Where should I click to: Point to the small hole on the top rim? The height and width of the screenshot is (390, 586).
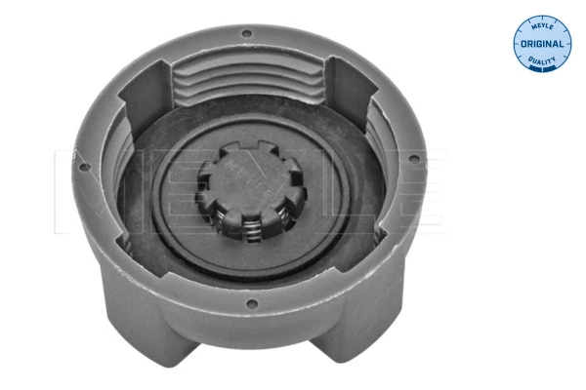point(245,34)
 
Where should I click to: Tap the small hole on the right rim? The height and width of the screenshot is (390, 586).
point(416,159)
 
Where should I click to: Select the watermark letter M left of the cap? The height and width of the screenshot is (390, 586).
point(73,175)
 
